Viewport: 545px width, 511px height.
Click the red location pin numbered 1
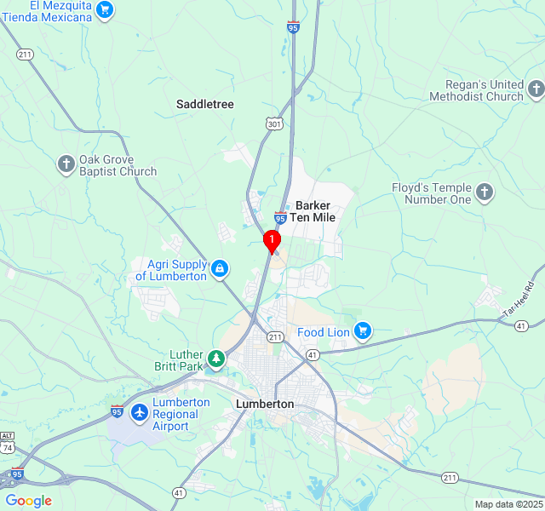pos(272,241)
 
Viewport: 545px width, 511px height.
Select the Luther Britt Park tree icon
pos(216,359)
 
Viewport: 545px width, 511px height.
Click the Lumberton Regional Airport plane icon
pos(139,413)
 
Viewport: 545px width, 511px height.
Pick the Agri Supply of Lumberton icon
pos(220,269)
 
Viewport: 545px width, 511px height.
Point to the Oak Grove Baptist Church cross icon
pos(66,164)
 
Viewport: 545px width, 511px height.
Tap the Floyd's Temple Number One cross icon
pos(485,192)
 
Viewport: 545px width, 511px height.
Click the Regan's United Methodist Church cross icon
pos(536,89)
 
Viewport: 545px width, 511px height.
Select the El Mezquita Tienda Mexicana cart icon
pos(104,10)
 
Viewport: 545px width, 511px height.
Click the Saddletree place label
pos(204,104)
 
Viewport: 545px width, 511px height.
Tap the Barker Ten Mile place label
pos(313,211)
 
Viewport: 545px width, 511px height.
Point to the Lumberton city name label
pos(265,404)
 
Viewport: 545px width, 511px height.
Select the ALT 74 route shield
pos(7,441)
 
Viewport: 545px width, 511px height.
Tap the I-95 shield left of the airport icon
pos(118,411)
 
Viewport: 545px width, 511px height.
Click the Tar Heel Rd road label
pos(517,300)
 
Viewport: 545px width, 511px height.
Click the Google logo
pos(28,501)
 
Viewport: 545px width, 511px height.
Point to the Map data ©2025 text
pos(508,504)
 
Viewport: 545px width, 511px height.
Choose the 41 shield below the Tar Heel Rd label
pos(521,325)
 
